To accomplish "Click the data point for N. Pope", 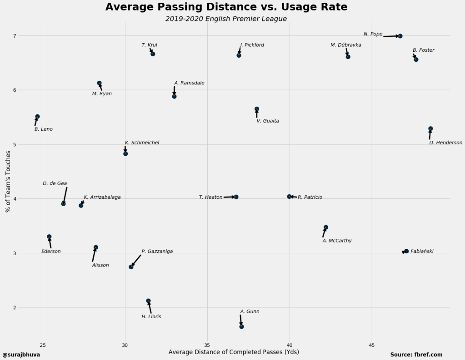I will coord(400,36).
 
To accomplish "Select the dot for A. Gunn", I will coord(241,326).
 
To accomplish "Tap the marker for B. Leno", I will coord(37,117).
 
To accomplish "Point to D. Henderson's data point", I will coord(430,129).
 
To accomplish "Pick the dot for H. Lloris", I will coord(148,301).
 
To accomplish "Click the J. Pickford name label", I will coord(252,45).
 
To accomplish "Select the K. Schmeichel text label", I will coord(142,143).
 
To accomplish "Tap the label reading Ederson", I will coord(51,252).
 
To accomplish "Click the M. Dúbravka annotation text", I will coord(346,45).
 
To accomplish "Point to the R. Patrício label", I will coord(310,197).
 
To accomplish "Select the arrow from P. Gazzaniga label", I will coord(136,261).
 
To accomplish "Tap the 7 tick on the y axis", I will coord(14,36).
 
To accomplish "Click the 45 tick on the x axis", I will coord(372,345).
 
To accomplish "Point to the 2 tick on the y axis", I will coord(14,307).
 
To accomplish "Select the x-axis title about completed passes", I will coord(234,352).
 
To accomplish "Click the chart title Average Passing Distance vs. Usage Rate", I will coord(226,7).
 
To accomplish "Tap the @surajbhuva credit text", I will coord(21,355).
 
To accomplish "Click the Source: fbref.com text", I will coord(416,355).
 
